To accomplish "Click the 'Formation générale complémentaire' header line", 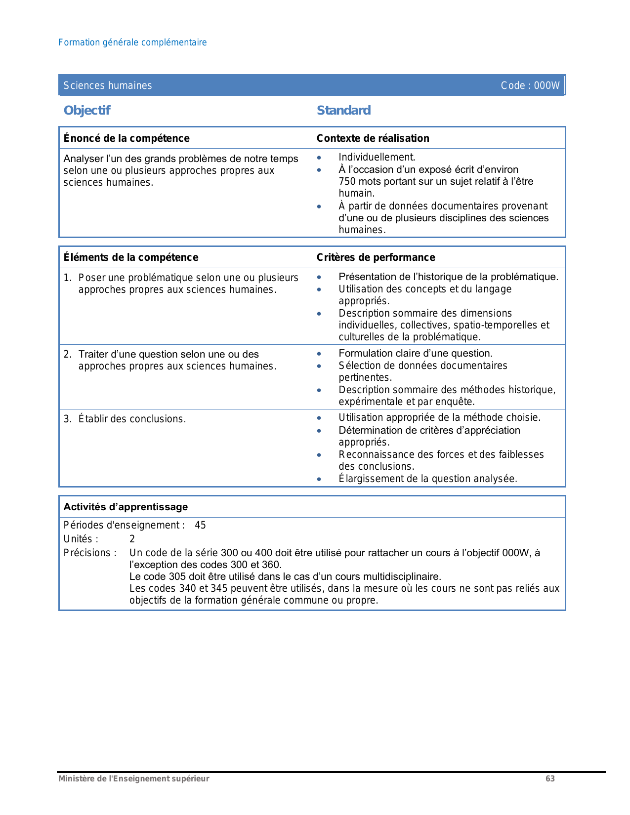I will (132, 42).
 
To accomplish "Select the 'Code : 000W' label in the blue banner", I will (530, 85).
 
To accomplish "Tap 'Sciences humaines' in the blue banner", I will (108, 85).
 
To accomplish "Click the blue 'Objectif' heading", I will (87, 110).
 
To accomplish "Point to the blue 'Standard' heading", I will (343, 110).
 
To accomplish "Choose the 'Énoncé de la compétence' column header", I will (126, 138).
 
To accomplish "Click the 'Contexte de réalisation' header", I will (373, 138).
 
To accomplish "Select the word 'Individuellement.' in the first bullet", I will (377, 157).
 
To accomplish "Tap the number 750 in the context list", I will (347, 181).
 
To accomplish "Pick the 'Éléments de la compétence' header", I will (131, 257).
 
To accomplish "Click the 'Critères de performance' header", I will (376, 257).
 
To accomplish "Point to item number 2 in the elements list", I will (67, 354).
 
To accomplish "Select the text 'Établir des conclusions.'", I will (132, 419).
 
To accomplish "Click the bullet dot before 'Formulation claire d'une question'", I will (319, 354).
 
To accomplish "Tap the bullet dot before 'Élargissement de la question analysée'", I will (319, 479).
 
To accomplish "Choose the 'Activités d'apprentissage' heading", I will (126, 507).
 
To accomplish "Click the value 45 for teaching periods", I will (200, 525).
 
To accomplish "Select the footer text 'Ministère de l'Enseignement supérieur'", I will (133, 778).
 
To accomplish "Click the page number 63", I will (550, 778).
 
